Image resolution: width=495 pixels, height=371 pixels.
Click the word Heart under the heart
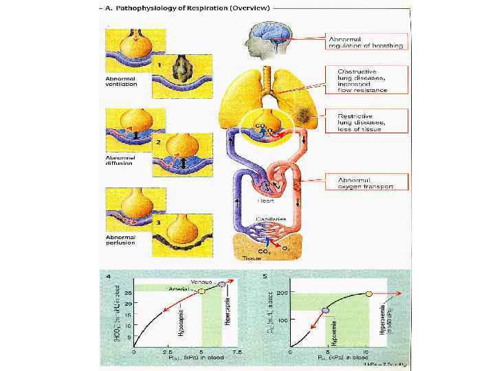tap(265, 201)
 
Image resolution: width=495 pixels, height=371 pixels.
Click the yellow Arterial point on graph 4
tap(202, 291)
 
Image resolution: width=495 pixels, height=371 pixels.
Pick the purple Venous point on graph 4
tap(222, 283)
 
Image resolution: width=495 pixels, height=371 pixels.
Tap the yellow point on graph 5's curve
tap(369, 293)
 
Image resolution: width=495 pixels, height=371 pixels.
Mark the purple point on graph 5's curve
tap(326, 311)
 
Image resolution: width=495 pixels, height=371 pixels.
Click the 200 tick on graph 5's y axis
tap(283, 293)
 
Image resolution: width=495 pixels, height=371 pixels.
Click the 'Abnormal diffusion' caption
tap(120, 160)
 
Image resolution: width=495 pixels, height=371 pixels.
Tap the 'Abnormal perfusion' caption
tap(120, 240)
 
